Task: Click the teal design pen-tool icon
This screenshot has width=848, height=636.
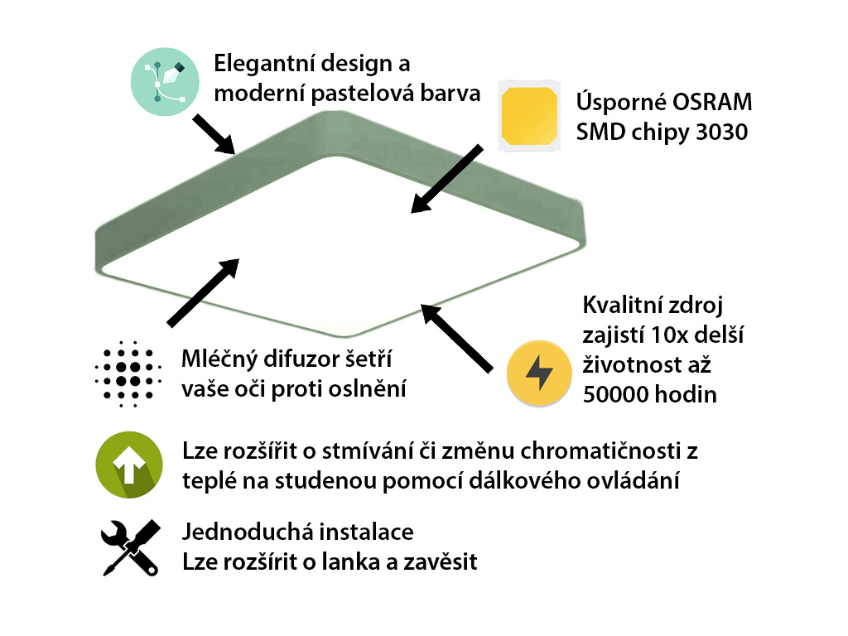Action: point(165,82)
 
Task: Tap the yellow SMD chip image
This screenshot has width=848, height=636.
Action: point(529,116)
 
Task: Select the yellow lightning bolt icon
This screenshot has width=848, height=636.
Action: point(539,373)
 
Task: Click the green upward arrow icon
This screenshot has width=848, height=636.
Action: point(129,465)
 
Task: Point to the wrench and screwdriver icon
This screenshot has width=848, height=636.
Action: point(130,548)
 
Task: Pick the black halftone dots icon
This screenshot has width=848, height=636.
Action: point(128,373)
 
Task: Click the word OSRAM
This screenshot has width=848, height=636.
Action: point(711,102)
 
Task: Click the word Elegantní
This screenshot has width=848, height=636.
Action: point(264,64)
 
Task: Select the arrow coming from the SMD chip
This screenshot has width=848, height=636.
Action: point(446,179)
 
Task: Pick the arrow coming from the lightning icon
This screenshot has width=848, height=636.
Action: point(456,339)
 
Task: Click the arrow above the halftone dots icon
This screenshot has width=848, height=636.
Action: point(204,292)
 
